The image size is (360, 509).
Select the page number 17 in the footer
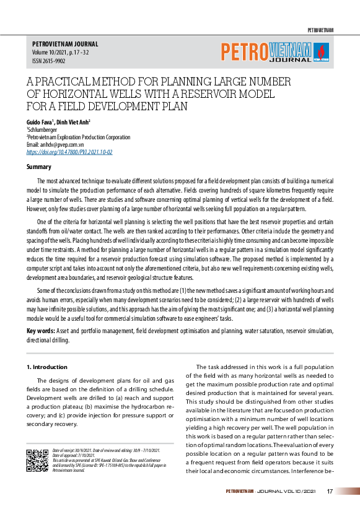click(330, 491)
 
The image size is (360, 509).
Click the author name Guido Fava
click(41, 123)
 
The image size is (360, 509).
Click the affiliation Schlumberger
click(43, 130)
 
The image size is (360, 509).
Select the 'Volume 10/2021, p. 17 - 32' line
click(60, 53)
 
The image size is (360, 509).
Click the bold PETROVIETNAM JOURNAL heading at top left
click(65, 45)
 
